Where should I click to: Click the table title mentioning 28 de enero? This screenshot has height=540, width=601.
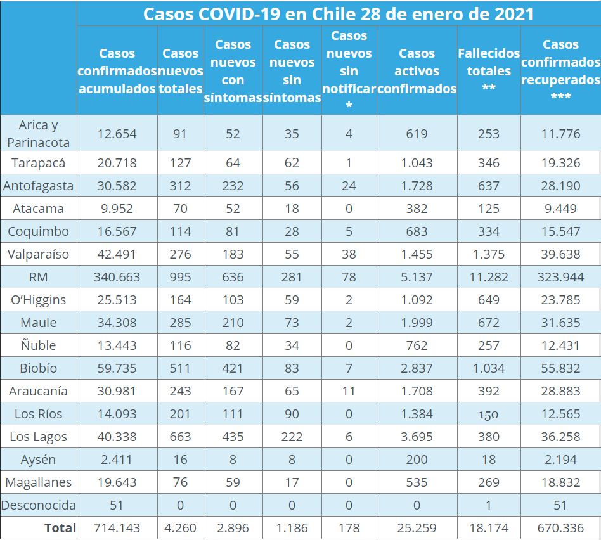point(339,14)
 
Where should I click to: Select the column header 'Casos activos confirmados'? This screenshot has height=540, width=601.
point(417,71)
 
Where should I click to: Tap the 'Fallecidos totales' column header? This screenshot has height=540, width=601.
point(489,71)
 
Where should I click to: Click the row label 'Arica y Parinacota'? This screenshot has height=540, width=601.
point(39,134)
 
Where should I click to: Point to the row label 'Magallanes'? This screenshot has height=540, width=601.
point(39,482)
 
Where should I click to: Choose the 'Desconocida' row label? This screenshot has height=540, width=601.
point(39,505)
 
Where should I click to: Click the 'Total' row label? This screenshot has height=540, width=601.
point(60,527)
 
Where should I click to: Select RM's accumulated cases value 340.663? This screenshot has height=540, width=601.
point(117,277)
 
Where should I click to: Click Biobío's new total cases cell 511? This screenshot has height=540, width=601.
point(180,368)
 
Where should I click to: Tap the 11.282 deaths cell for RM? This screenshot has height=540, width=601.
point(489,277)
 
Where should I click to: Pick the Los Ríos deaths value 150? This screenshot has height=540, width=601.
point(489,415)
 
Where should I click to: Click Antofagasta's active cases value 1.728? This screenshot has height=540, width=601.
point(417,186)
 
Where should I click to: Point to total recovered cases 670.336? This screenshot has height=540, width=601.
point(560,527)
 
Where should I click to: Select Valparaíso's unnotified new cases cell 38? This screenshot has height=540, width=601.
point(349,254)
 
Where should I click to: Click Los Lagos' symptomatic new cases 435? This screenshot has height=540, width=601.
point(233,437)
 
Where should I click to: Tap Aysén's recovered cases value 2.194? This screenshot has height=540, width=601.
point(560,460)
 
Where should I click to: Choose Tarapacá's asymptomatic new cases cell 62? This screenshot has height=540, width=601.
point(292,163)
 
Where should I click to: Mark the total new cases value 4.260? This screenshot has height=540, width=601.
point(180,527)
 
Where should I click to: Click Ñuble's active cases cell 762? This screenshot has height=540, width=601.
point(417,345)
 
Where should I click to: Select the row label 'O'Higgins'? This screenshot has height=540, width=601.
point(39,300)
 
